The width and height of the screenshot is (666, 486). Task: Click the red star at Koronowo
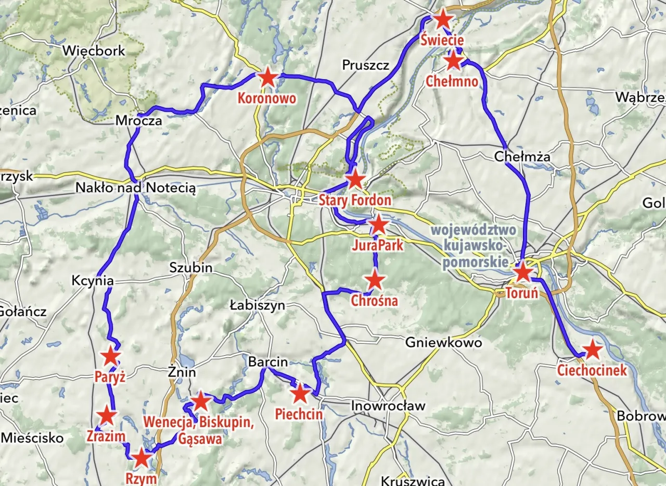point(267,78)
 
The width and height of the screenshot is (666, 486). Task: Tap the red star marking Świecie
point(442,19)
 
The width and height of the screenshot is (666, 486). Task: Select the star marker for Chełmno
point(454,61)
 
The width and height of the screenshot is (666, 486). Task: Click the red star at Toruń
point(522,272)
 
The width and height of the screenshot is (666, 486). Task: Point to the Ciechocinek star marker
point(592,350)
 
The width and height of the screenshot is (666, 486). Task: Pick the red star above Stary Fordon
point(355,180)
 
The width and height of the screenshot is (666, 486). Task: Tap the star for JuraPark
point(378,225)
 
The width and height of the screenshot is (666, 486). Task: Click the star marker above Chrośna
point(375,281)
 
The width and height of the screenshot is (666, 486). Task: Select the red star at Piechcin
point(300,394)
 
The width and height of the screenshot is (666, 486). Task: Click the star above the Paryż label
point(110,356)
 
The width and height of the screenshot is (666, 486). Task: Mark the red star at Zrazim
point(107,416)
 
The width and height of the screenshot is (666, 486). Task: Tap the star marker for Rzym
point(141,459)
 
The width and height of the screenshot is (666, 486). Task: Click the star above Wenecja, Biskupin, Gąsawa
point(200,402)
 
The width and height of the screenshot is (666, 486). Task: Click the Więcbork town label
point(94,51)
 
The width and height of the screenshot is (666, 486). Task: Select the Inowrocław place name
point(388,405)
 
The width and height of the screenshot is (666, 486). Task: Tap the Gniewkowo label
point(443,343)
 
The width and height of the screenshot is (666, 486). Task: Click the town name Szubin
point(191,268)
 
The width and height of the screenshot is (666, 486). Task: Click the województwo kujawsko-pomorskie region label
point(473,245)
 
